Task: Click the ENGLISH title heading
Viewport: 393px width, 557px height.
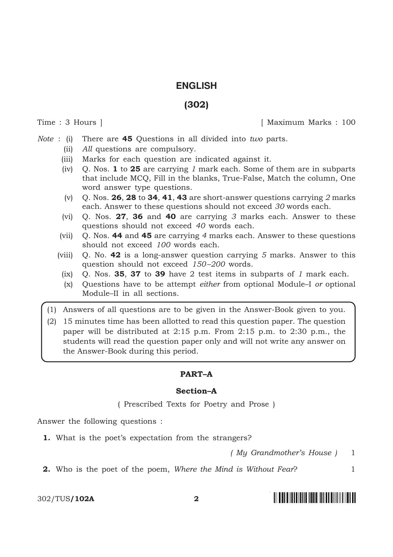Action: coord(196,86)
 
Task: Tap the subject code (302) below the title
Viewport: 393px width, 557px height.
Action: coord(196,105)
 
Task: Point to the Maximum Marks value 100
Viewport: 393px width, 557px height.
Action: coord(348,122)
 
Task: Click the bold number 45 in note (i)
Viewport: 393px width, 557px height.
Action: coord(127,139)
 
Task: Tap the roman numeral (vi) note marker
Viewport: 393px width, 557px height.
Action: coord(67,216)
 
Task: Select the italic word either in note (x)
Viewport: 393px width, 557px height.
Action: coord(209,284)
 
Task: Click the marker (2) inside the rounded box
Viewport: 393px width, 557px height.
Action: coord(52,321)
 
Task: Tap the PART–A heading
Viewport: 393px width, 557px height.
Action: coord(196,374)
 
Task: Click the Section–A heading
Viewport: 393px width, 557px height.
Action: coord(196,391)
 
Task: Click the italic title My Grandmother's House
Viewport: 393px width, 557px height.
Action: coord(284,453)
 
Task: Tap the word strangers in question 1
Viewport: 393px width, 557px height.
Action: coord(232,438)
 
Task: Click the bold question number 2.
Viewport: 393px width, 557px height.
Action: coord(47,469)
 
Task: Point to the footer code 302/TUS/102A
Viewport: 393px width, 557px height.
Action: coord(66,499)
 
